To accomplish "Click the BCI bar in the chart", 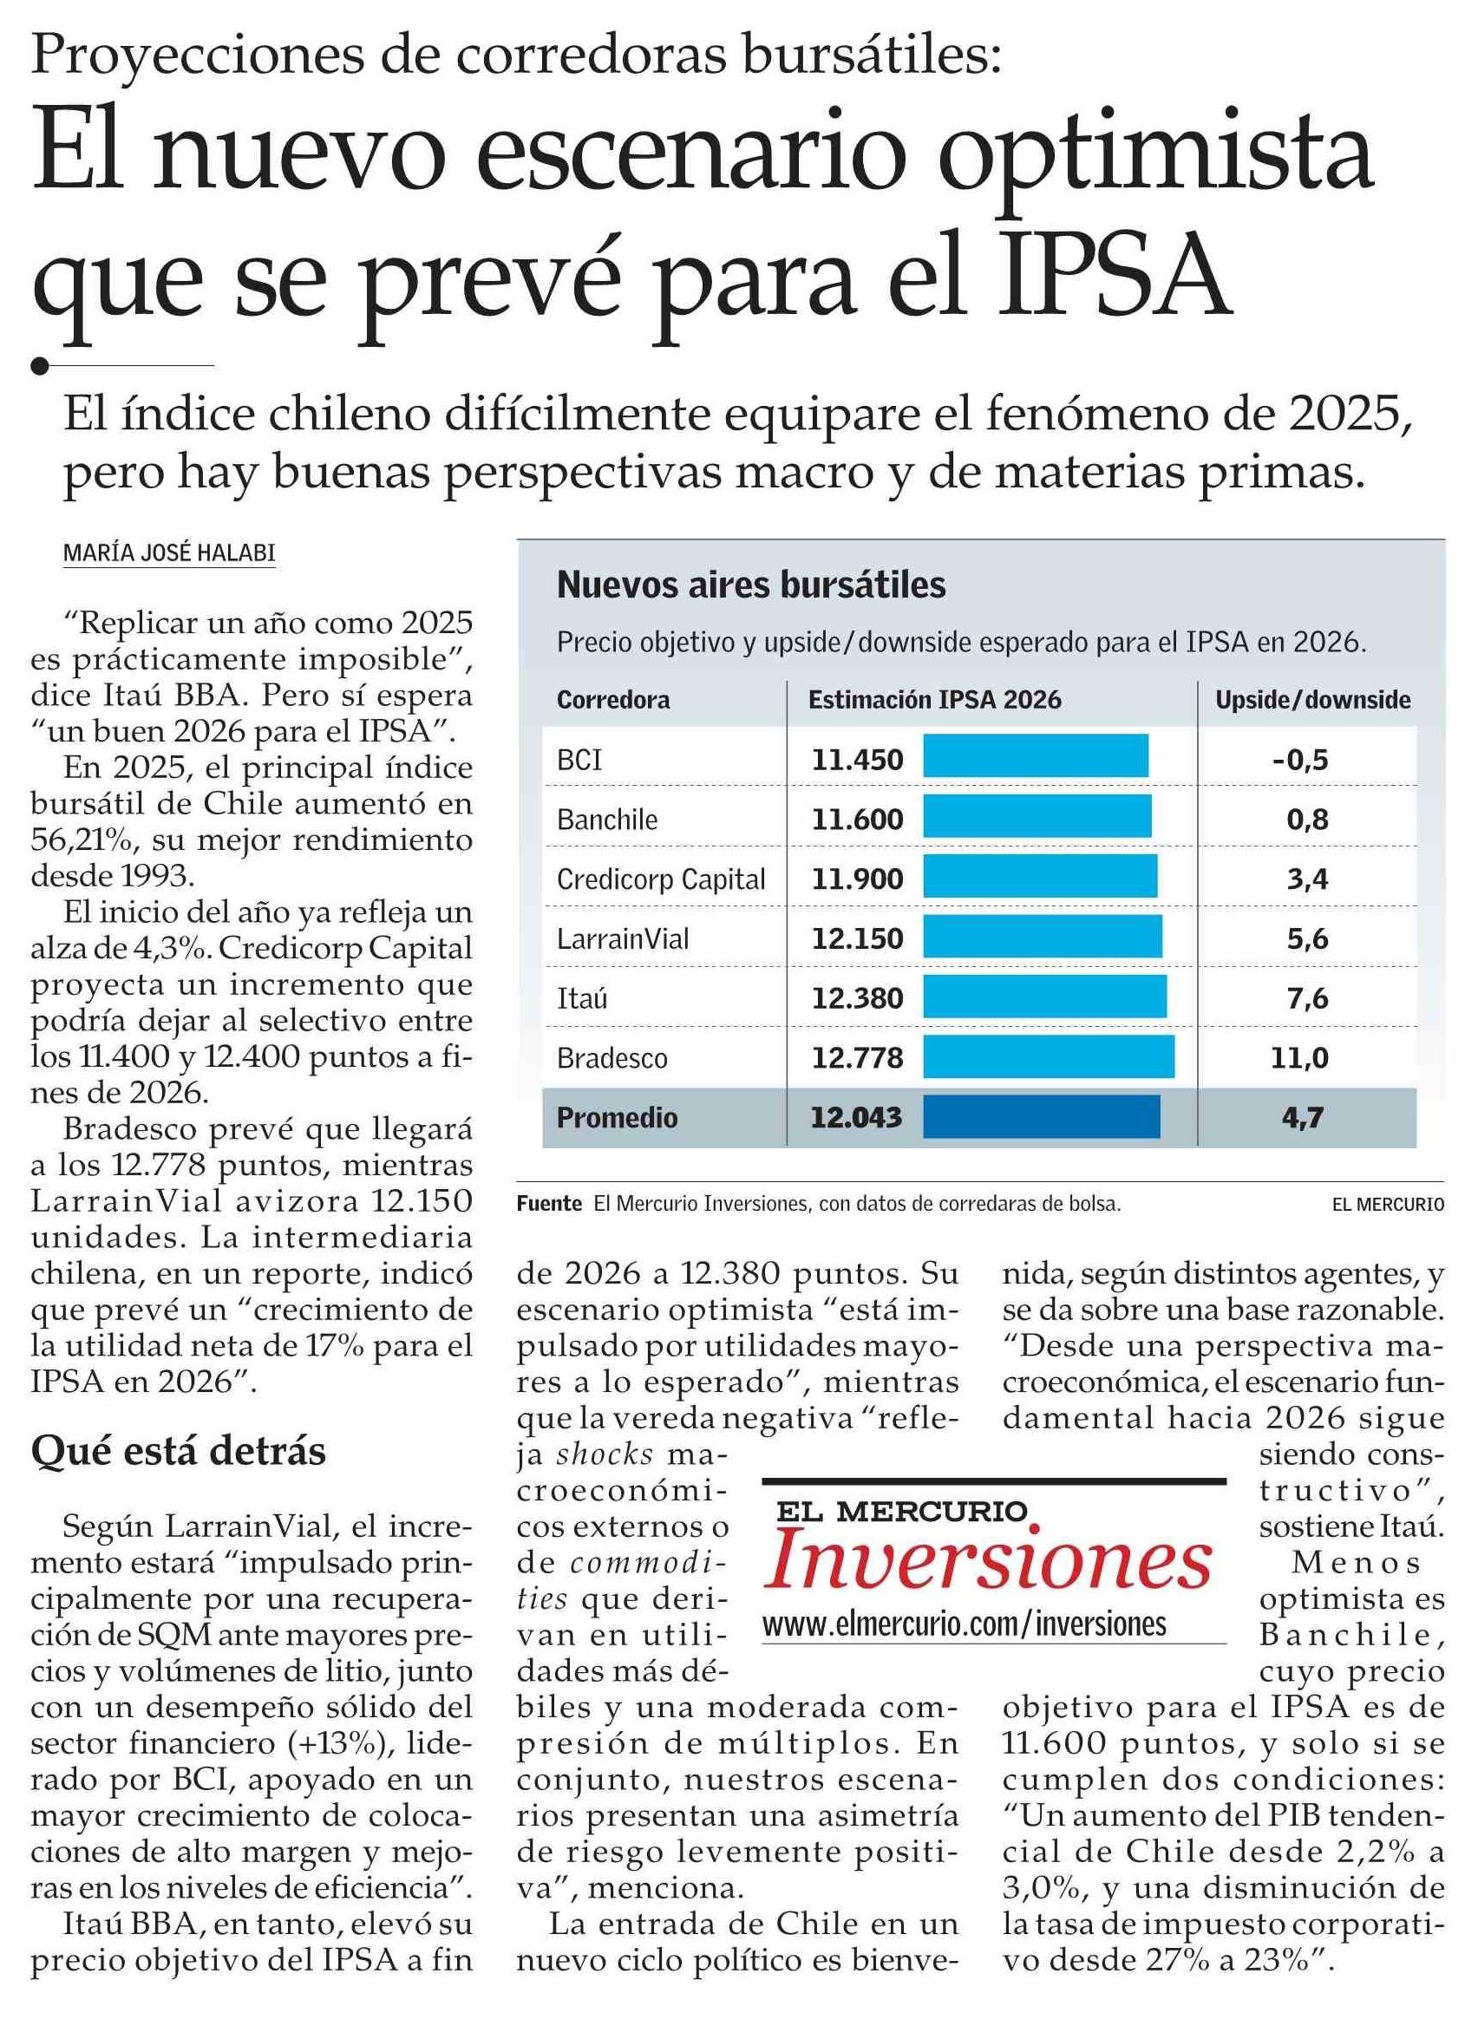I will point(1035,755).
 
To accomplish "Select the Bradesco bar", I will point(1049,1056).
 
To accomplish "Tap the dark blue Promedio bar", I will point(1041,1116).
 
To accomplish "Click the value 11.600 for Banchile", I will point(857,820).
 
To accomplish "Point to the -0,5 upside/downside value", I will point(1300,761).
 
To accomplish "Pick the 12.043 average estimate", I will point(856,1117).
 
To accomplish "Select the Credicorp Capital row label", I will point(660,879).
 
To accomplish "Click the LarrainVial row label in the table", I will point(623,938).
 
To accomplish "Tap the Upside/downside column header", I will point(1312,700).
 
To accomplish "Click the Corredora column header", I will point(613,700).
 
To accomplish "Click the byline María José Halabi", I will point(169,553).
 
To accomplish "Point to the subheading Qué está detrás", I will point(178,1451).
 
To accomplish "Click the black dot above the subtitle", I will point(39,366).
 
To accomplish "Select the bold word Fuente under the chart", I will point(549,1204).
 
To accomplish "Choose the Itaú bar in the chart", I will point(1044,997).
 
